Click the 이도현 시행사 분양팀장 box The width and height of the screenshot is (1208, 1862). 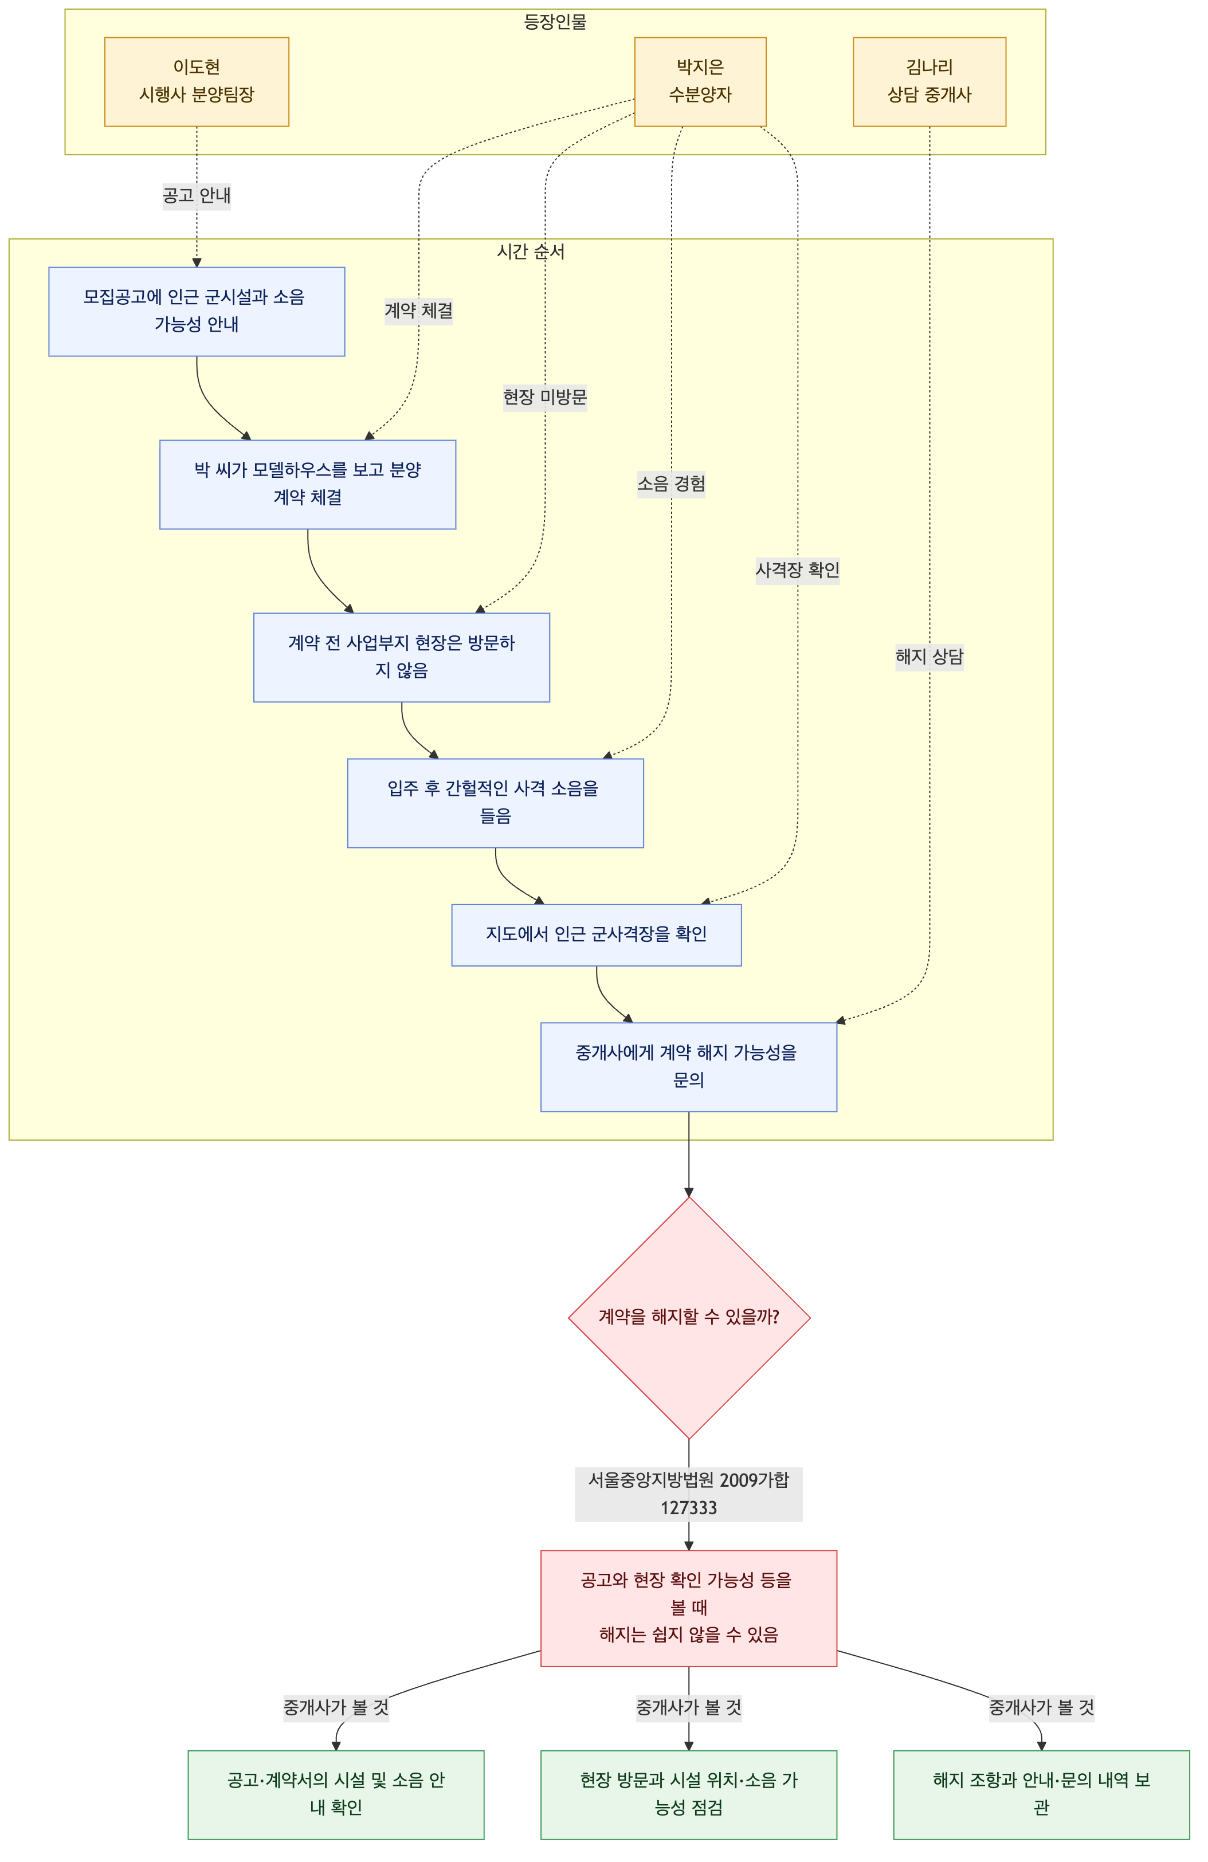197,81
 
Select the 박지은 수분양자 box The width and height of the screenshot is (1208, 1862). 700,81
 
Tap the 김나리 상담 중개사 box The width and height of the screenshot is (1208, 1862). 929,81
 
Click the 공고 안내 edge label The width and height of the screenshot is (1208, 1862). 197,195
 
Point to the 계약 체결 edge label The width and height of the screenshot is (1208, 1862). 418,311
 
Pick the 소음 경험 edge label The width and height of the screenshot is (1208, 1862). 671,484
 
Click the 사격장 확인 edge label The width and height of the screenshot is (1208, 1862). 797,569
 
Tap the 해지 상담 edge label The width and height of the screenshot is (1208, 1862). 929,657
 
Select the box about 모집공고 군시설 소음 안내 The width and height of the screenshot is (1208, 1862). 197,311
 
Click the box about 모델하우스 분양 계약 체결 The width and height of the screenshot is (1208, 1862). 308,484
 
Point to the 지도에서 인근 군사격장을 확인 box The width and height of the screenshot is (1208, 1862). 596,935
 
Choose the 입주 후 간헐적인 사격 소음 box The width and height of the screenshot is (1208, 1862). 495,803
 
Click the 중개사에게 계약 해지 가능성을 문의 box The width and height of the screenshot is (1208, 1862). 688,1066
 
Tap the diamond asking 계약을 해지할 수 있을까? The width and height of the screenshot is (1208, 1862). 688,1318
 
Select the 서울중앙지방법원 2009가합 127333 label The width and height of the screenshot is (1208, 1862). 688,1494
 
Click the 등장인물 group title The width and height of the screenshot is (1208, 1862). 555,22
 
